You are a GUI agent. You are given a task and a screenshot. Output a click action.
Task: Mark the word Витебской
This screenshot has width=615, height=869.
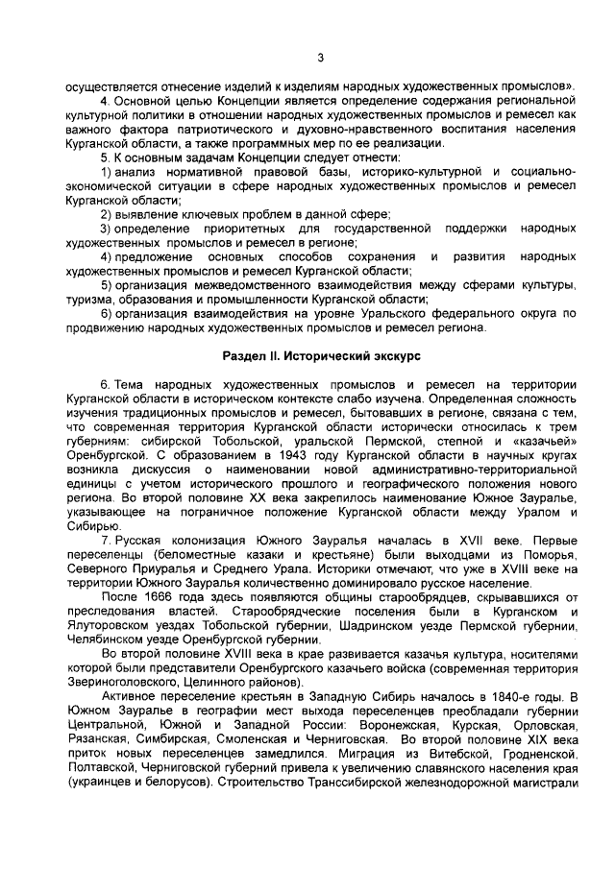tap(452, 757)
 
